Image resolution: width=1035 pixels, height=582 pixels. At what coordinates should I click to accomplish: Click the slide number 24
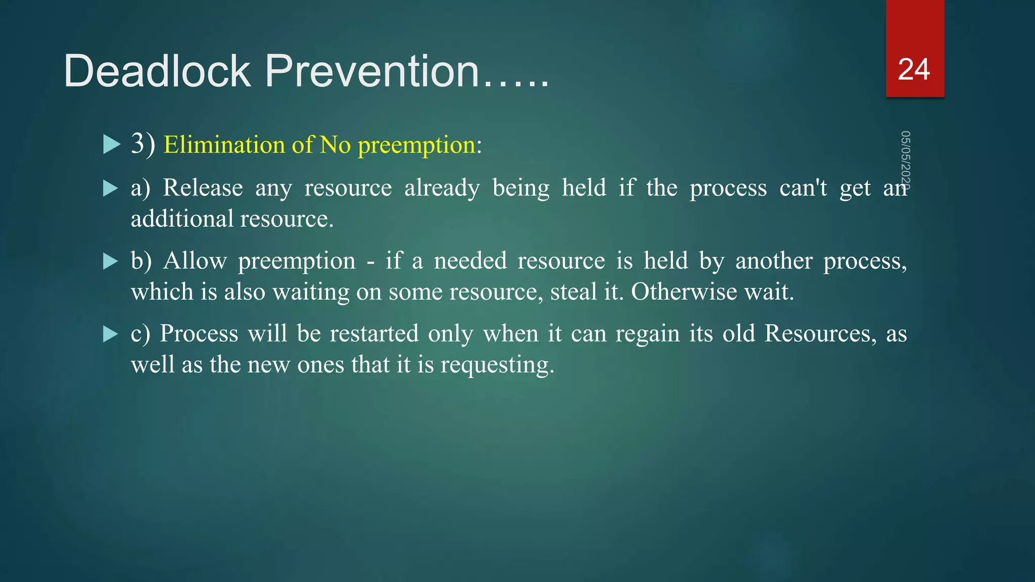coord(914,70)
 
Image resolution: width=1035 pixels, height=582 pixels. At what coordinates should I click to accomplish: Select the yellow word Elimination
coord(224,145)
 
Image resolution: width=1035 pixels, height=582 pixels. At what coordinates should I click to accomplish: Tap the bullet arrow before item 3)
coord(111,144)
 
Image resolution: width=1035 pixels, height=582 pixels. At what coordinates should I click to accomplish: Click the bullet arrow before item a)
coord(110,188)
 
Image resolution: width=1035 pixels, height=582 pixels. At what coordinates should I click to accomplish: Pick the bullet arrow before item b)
coord(110,261)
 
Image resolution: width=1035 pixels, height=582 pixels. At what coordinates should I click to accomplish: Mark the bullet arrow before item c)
coord(110,334)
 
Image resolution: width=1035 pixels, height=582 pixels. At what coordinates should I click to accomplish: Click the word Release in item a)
coord(203,188)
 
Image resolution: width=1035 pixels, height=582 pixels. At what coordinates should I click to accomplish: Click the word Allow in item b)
coord(195,261)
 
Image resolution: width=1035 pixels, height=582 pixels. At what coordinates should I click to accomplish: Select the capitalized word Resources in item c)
coord(820,334)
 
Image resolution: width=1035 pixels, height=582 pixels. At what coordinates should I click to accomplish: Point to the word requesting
coord(497,365)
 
